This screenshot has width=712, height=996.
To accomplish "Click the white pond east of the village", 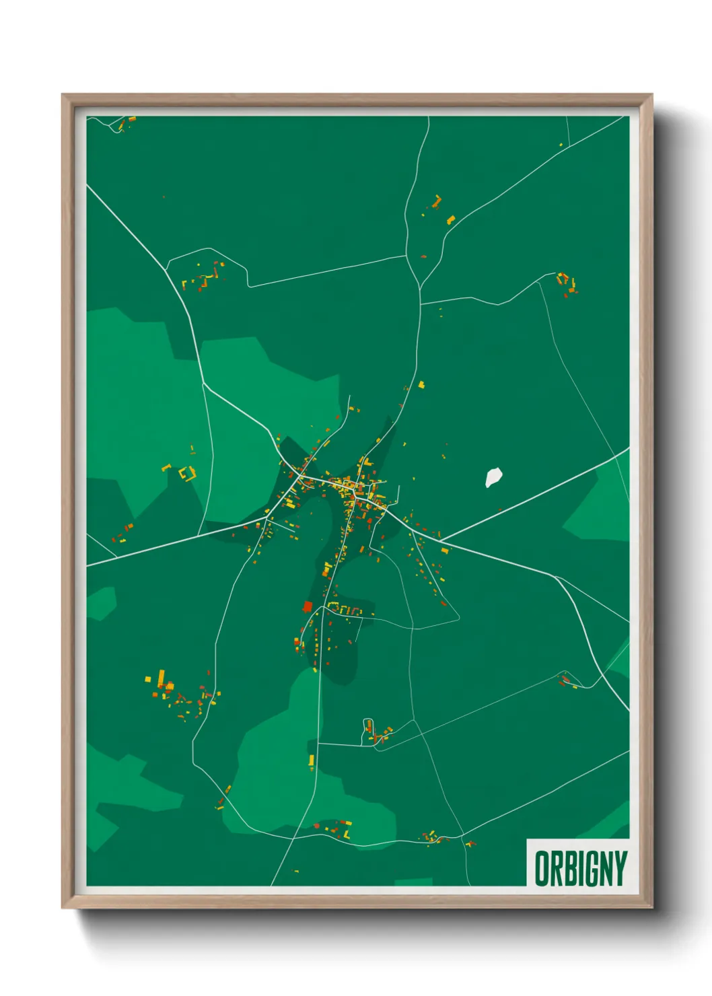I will [494, 476].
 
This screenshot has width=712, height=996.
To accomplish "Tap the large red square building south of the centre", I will [308, 606].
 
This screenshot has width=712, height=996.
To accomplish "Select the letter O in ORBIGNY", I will [542, 869].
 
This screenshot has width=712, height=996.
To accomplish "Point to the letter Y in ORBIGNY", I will [620, 869].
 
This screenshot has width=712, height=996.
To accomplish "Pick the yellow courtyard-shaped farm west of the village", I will [186, 473].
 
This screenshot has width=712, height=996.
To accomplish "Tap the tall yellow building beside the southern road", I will [312, 760].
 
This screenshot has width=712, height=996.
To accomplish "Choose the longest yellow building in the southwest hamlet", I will [162, 676].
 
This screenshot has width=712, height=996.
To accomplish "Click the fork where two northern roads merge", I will [420, 287].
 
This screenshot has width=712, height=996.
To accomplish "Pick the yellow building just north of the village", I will [422, 385].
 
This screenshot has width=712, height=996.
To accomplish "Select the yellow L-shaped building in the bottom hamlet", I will [347, 834].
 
